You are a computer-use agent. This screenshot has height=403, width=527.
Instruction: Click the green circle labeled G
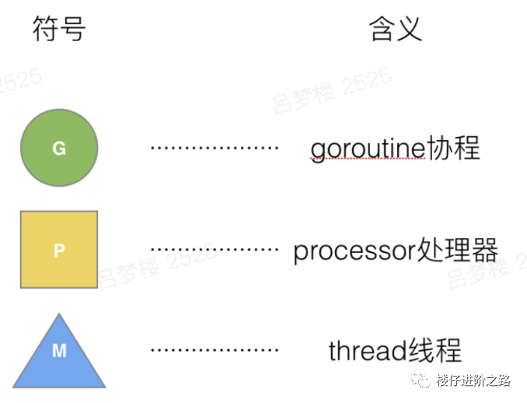[x=59, y=149]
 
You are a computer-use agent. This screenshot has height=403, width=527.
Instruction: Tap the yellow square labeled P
[x=59, y=250]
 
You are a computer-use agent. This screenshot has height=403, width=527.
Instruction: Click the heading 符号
[x=59, y=30]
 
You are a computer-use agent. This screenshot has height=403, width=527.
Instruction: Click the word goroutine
[x=367, y=149]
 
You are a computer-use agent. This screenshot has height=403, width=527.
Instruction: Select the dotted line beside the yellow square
[x=214, y=250]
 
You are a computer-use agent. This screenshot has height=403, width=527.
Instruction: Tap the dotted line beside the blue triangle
[x=214, y=351]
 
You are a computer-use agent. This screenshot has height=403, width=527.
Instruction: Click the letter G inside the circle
[x=59, y=149]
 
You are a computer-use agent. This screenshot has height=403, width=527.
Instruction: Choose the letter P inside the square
[x=59, y=251]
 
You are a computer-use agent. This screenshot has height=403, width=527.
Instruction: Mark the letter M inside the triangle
[x=59, y=352]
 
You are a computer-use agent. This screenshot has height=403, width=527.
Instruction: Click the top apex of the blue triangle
[x=59, y=315]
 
